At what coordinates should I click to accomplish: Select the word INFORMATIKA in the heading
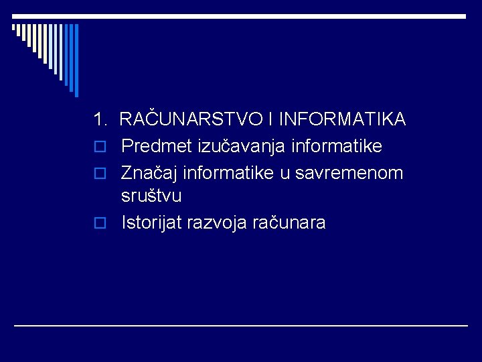click(x=341, y=119)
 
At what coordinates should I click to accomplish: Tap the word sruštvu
click(x=151, y=196)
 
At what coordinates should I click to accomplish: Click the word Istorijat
click(x=152, y=223)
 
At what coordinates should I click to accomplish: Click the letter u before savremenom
click(x=285, y=174)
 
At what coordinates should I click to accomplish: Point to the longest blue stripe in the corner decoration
click(x=76, y=60)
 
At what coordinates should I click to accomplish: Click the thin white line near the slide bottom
click(x=241, y=325)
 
